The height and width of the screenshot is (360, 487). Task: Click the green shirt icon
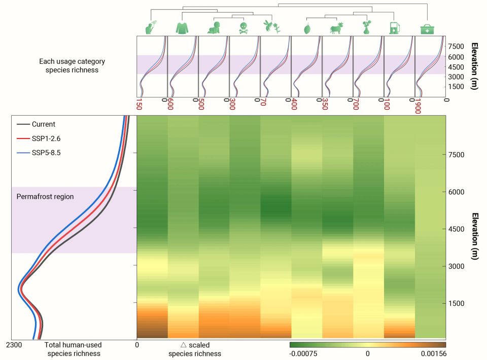(x=182, y=28)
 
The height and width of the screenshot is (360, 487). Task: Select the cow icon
(x=336, y=29)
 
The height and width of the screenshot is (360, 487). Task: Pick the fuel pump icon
(x=394, y=28)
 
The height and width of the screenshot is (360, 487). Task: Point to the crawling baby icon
(x=213, y=29)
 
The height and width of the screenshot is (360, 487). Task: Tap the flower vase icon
(x=366, y=28)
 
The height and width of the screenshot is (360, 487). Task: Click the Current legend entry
(x=43, y=124)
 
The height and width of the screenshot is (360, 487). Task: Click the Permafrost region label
(x=45, y=196)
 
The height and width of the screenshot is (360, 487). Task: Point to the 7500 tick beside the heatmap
(x=461, y=155)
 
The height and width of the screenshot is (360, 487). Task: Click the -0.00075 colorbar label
(x=303, y=353)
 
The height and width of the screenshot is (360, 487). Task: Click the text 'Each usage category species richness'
(x=72, y=65)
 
